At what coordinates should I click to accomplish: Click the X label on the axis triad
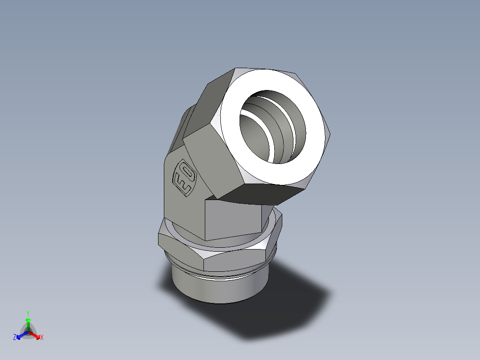(x=42, y=338)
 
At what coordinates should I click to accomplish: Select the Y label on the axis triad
(x=28, y=313)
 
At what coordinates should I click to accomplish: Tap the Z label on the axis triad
(x=15, y=338)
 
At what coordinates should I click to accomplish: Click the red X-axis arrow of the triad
(x=35, y=335)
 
